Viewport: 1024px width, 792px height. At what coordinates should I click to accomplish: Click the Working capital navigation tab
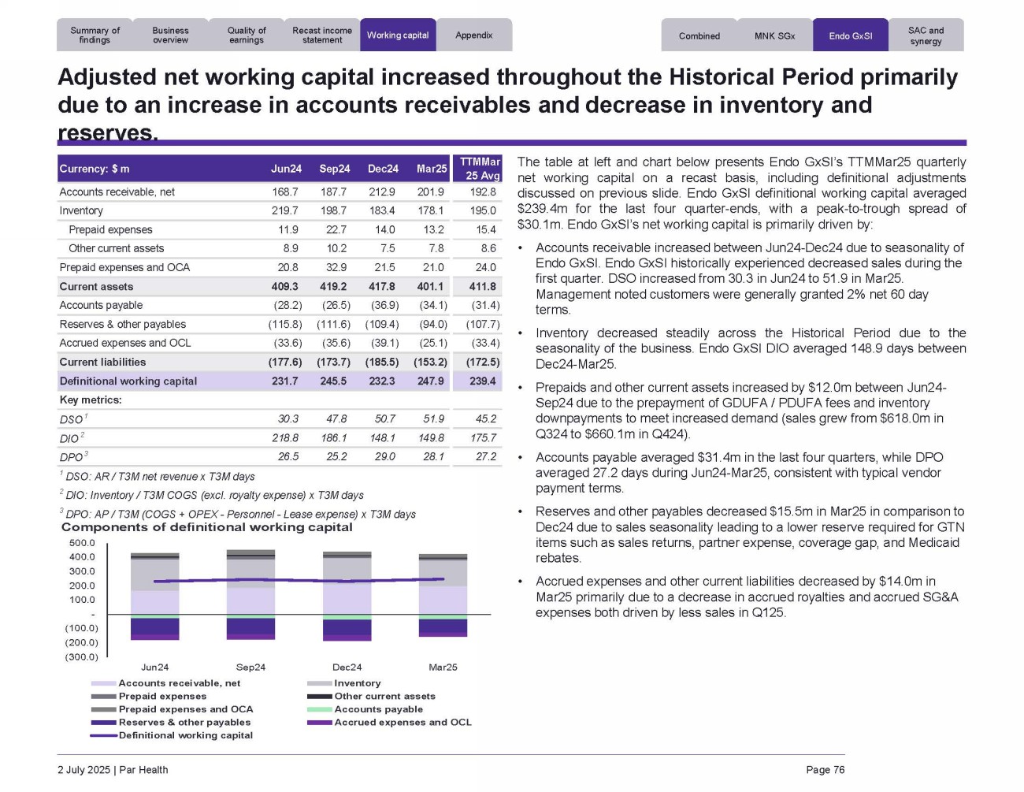tap(398, 35)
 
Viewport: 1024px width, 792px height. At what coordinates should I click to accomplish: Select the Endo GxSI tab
tap(850, 36)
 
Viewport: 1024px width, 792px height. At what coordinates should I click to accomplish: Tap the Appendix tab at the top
tap(474, 35)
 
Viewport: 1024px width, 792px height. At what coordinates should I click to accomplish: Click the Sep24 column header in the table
tap(335, 169)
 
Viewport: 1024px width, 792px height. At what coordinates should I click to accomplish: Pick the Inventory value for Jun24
tap(284, 210)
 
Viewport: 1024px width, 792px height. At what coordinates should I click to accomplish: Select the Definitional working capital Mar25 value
tap(431, 381)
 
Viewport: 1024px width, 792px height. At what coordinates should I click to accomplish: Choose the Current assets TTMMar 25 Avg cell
tap(482, 287)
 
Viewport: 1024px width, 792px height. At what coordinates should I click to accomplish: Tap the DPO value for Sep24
tap(336, 457)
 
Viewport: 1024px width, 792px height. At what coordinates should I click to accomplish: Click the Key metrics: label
tap(91, 400)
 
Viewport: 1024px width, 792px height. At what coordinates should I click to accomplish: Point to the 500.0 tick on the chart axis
tap(82, 543)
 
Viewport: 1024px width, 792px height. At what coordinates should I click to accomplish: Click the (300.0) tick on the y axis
tap(82, 657)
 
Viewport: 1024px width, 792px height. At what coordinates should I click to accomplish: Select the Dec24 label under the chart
tap(347, 667)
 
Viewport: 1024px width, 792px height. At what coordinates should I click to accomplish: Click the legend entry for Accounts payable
tap(378, 709)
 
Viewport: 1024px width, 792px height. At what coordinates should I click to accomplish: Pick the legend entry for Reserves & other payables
tap(184, 723)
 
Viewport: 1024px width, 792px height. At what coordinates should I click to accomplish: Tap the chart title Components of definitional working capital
tap(206, 527)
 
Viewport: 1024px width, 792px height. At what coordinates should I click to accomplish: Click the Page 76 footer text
tap(825, 770)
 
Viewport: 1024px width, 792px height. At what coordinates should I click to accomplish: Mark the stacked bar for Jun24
tap(155, 596)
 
